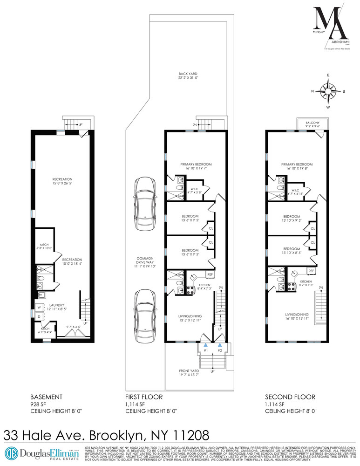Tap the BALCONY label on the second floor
click(312, 123)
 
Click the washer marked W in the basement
click(39, 307)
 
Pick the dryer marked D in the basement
click(39, 317)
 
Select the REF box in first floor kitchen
click(210, 275)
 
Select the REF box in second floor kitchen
click(311, 271)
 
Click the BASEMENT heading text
click(46, 397)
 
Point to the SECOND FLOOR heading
click(291, 397)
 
